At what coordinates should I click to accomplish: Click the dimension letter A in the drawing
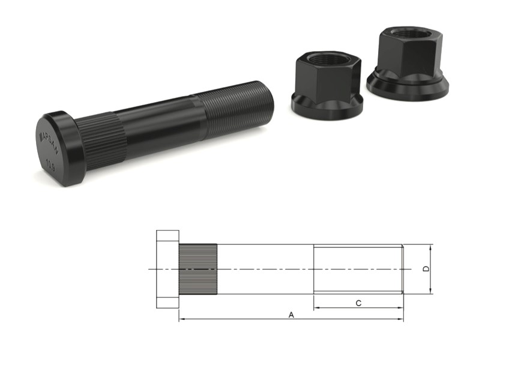(x=291, y=314)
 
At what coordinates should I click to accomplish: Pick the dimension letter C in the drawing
(x=358, y=303)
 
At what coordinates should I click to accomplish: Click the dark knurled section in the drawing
(x=198, y=269)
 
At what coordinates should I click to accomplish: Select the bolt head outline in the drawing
(x=167, y=269)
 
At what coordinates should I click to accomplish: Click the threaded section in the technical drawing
(x=358, y=269)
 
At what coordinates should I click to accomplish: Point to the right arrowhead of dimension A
(x=402, y=319)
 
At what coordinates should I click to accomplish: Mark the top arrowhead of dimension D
(x=431, y=247)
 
